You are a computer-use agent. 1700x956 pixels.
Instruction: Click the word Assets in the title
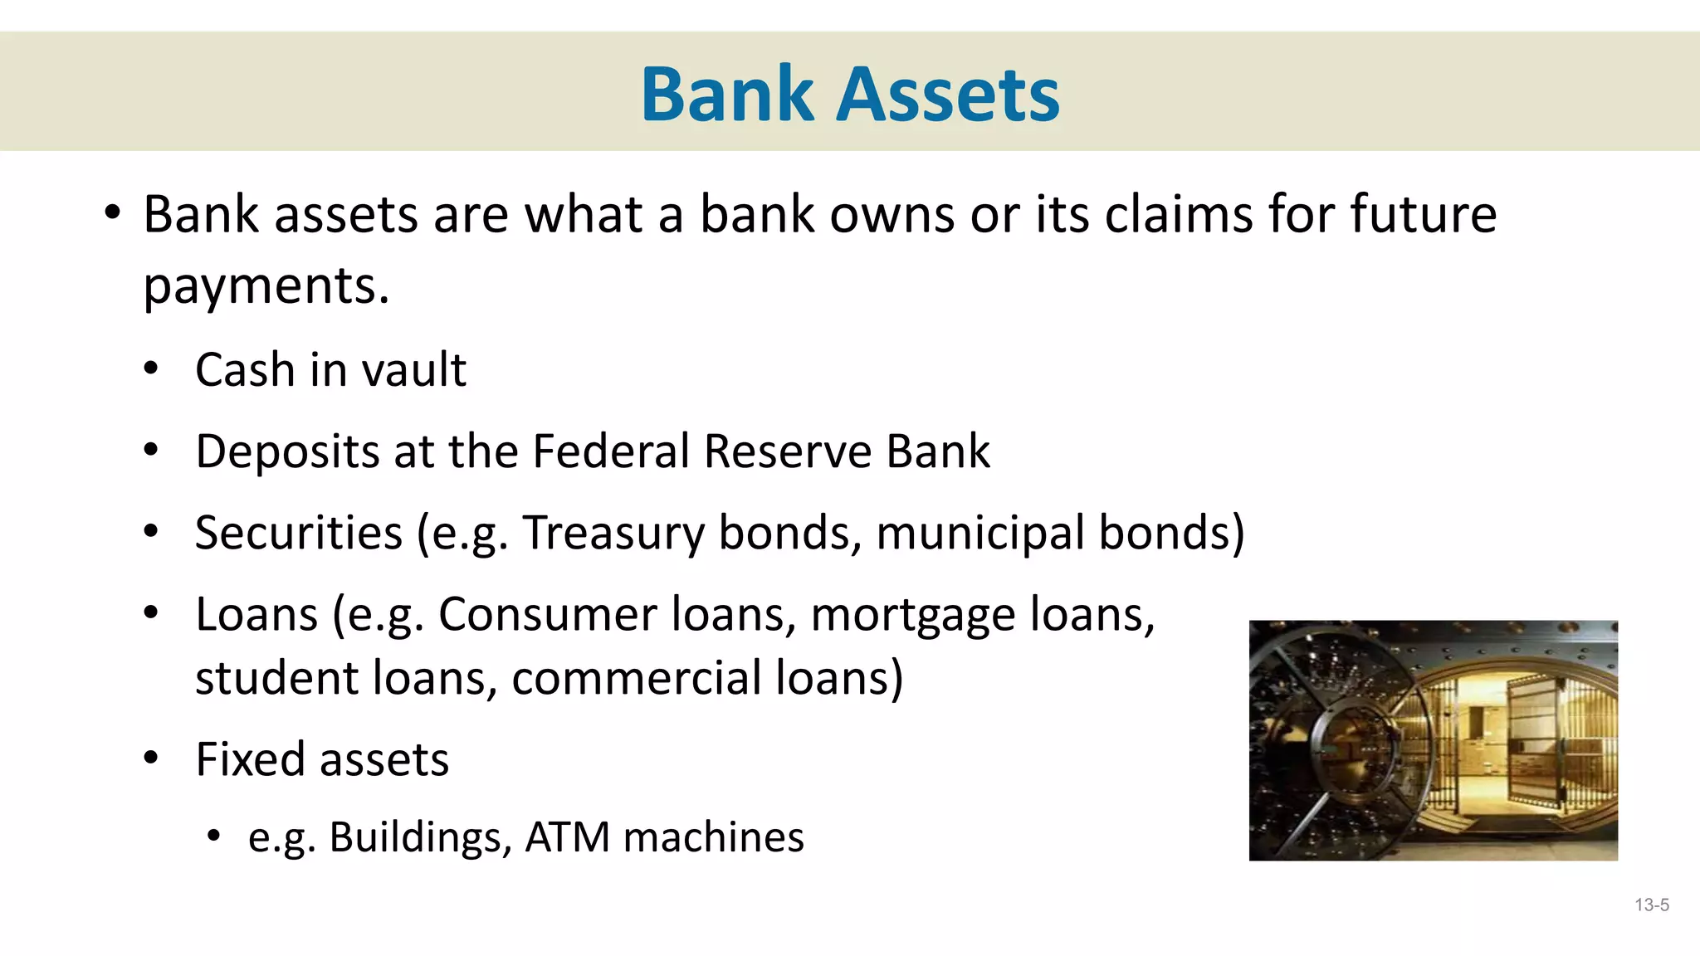coord(948,95)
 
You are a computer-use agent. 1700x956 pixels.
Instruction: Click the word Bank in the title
coord(727,95)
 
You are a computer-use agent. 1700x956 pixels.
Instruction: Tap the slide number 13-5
coord(1651,905)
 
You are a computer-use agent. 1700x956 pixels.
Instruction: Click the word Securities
coord(298,533)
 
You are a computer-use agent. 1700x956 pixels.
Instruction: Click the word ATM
coord(568,837)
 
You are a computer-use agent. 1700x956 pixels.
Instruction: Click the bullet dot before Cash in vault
coord(150,369)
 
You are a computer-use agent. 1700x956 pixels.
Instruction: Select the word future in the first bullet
coord(1423,214)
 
